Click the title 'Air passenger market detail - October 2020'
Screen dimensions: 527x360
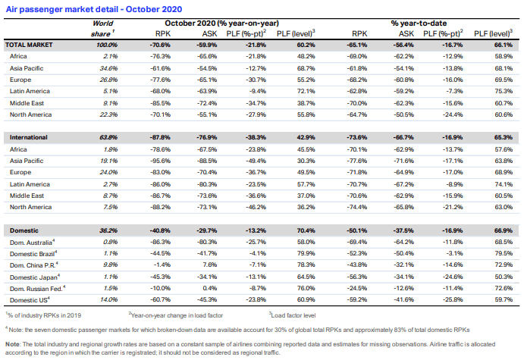coord(94,9)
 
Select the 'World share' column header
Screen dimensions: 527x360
coord(102,29)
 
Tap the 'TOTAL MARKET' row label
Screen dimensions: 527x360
coord(29,45)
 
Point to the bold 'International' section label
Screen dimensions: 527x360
coord(29,137)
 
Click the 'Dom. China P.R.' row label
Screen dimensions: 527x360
coord(33,265)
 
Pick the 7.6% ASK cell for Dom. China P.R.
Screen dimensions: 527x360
coord(209,265)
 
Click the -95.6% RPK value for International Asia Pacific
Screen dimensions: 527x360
coord(160,161)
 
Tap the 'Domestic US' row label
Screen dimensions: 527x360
coord(30,300)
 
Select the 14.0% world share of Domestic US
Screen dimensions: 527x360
coord(108,299)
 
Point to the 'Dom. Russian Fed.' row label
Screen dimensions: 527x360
coord(37,289)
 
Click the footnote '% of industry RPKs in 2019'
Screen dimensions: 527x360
coord(43,315)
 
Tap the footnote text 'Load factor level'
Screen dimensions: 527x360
coord(292,315)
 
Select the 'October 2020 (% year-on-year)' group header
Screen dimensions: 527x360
coord(222,23)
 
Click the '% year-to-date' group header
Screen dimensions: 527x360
coord(419,23)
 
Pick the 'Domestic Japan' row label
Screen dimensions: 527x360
coord(35,277)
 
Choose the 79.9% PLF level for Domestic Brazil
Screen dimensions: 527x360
coord(306,254)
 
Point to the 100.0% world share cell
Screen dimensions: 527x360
coord(107,45)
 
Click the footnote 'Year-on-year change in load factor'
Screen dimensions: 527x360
coord(176,315)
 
